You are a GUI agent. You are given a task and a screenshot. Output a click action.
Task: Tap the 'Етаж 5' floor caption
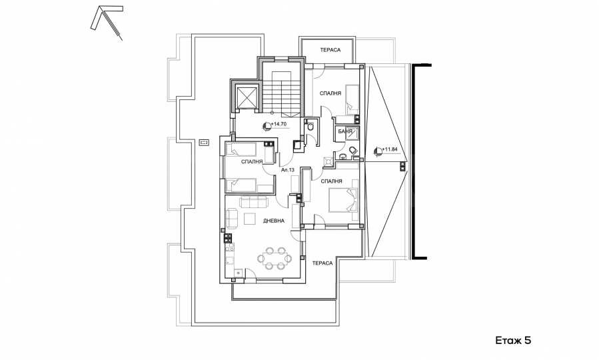(x=513, y=340)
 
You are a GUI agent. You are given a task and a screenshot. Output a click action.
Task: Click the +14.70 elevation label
(x=279, y=124)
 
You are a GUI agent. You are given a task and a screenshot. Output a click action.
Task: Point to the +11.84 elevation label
(x=390, y=149)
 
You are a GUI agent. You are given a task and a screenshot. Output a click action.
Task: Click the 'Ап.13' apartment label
(x=288, y=170)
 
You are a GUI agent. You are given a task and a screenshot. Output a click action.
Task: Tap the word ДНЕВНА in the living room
(x=274, y=221)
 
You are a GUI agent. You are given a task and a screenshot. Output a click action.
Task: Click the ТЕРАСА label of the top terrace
(x=330, y=50)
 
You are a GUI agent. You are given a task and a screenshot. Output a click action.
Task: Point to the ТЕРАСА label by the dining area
(x=322, y=263)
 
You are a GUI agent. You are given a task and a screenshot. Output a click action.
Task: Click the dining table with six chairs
(x=275, y=259)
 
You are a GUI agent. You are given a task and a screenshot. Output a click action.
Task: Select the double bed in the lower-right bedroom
(x=343, y=200)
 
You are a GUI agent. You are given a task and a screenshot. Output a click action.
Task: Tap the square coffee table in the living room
(x=251, y=219)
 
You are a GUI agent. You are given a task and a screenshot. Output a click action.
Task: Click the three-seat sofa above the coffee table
(x=254, y=202)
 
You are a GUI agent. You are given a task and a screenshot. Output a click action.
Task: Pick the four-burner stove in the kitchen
(x=228, y=239)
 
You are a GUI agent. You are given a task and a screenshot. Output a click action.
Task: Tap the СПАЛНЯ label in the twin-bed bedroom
(x=252, y=161)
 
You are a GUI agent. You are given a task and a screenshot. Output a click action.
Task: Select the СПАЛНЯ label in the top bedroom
(x=330, y=93)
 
